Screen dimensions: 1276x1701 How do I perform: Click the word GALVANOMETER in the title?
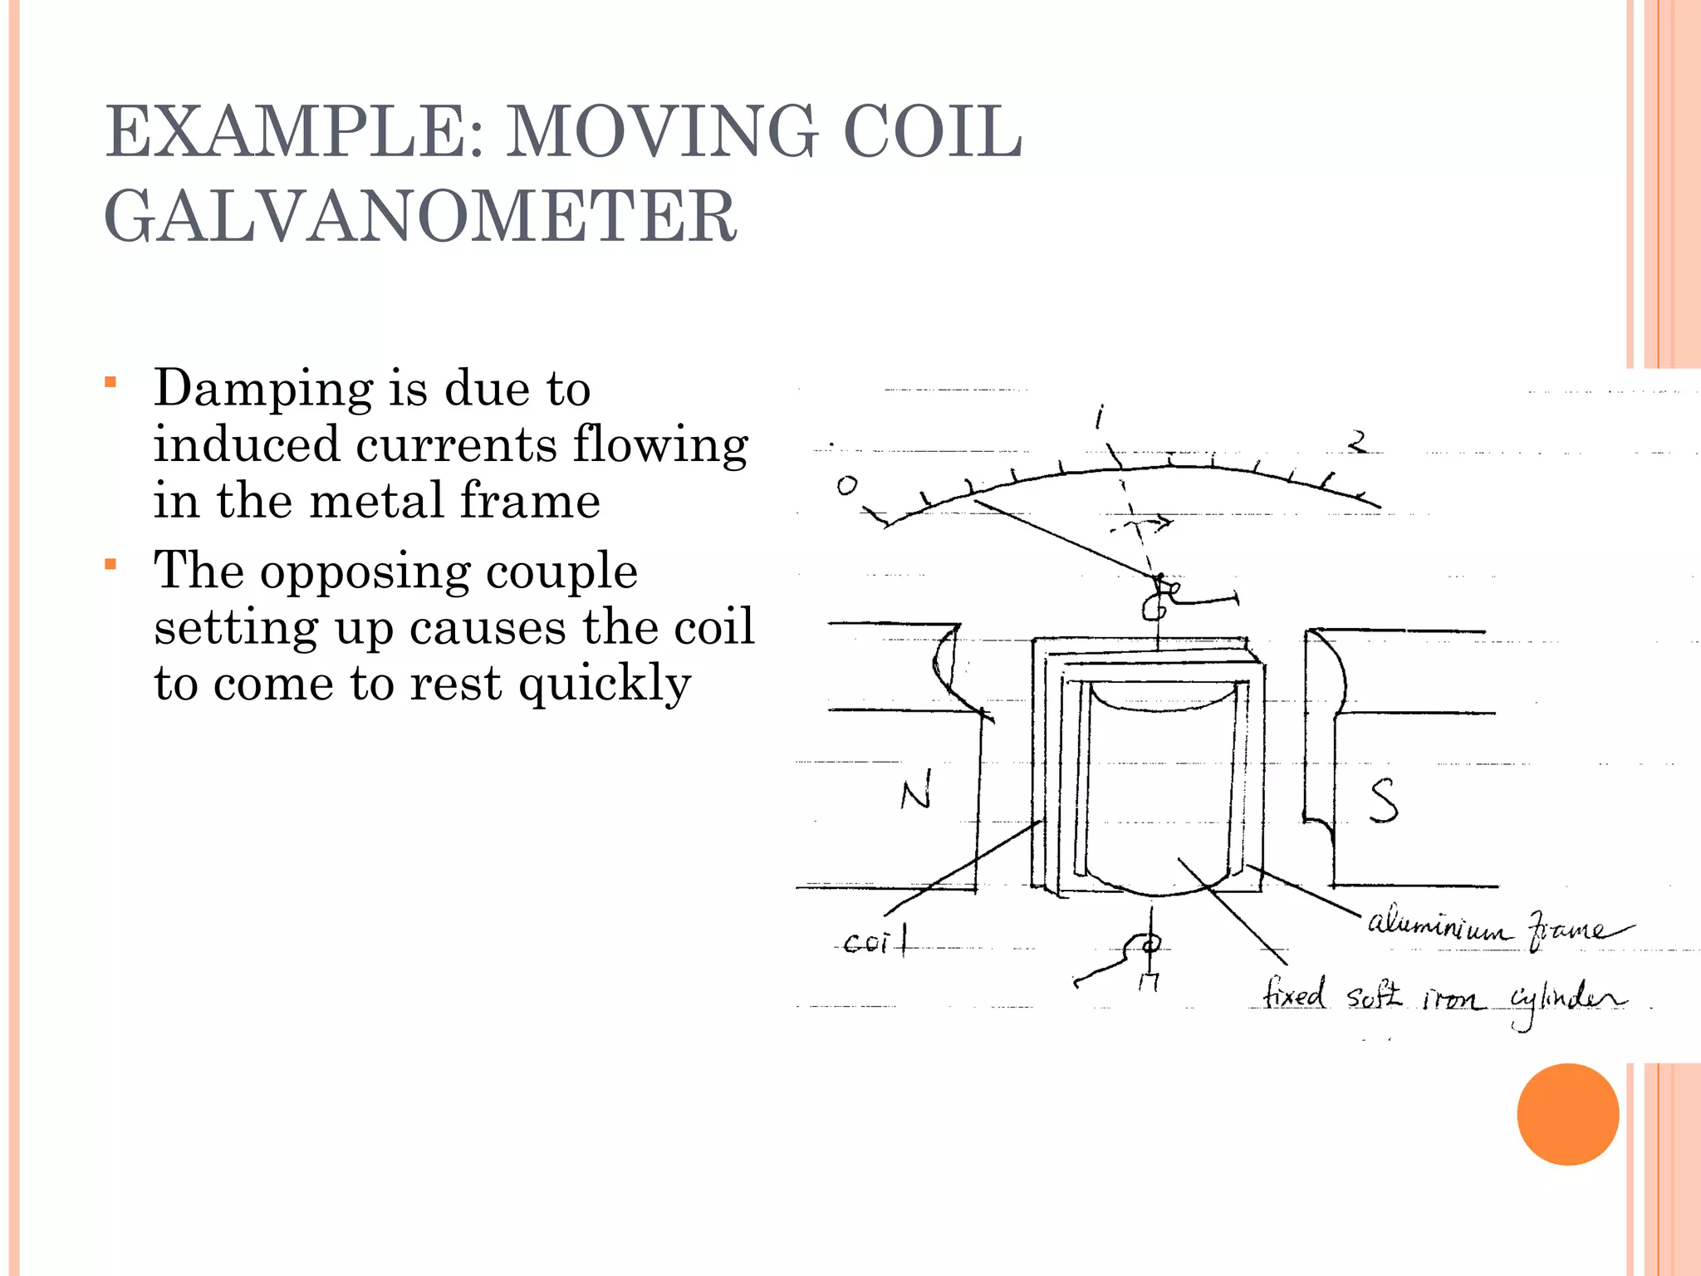click(420, 216)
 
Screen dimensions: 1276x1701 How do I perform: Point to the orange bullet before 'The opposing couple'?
click(110, 565)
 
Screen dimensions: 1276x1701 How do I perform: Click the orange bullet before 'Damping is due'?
click(110, 382)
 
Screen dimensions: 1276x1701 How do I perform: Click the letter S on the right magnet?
click(1383, 801)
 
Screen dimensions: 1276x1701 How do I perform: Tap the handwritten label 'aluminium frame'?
click(1495, 927)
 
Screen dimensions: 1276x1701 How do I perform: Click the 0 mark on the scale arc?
click(846, 485)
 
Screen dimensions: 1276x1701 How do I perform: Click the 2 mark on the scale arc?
click(1357, 441)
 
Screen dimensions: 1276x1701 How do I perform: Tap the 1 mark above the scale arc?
click(1100, 416)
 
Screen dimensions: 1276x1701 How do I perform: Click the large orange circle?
click(1567, 1114)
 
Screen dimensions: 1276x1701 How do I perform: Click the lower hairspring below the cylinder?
click(1141, 947)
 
